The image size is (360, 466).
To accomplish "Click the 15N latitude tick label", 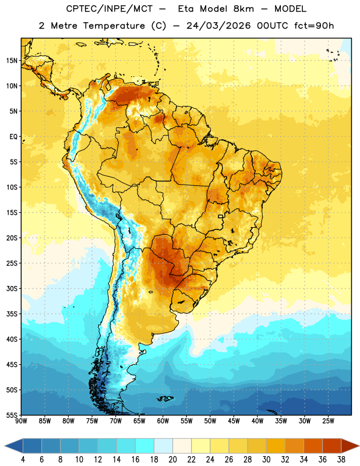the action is tap(12, 61).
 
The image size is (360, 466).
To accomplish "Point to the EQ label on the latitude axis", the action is tap(13, 137).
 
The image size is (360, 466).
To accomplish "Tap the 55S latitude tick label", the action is tap(12, 415).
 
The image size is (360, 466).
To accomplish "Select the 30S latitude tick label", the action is tap(12, 288).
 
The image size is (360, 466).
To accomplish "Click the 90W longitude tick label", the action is tap(21, 421).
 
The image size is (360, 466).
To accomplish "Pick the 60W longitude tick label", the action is tap(163, 421).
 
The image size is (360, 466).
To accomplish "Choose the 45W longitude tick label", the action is tap(234, 421).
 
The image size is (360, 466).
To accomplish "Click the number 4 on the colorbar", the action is tap(23, 460).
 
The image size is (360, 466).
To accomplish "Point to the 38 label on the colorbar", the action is tap(341, 460).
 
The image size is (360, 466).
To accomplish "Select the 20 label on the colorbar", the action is tap(172, 460).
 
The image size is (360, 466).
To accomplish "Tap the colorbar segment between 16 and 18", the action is tap(144, 446).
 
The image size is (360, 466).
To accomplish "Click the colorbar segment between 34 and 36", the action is tap(313, 446).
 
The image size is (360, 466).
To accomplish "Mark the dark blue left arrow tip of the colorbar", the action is tap(5, 446).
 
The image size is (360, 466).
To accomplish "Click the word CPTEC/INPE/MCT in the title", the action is tap(109, 9).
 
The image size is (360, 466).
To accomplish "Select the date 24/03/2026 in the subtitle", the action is tap(218, 26).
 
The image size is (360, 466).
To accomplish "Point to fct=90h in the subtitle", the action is tap(314, 26).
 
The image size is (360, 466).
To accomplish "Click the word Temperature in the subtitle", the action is tap(114, 26).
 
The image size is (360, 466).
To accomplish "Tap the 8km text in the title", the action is tap(243, 9).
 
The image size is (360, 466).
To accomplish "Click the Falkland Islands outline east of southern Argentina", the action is tap(165, 398).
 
